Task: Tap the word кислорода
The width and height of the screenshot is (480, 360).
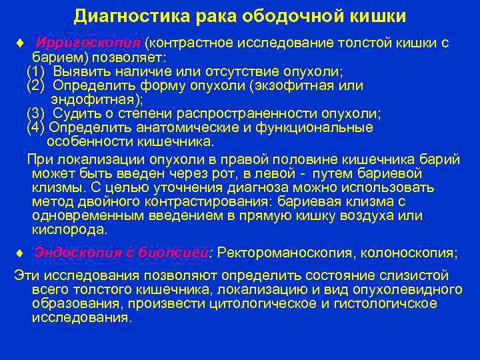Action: pos(69,229)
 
